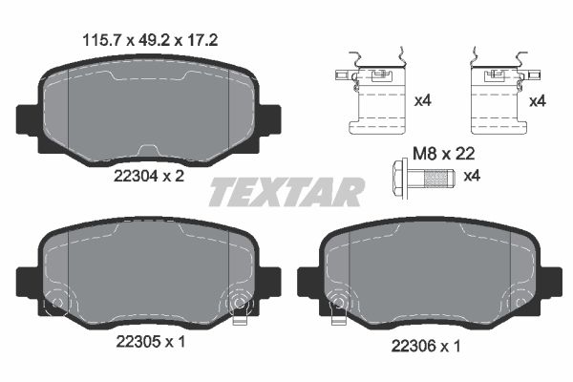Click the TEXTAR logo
point(286,192)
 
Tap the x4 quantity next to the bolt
point(472,177)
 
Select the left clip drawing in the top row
point(370,95)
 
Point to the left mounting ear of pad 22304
point(28,119)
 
